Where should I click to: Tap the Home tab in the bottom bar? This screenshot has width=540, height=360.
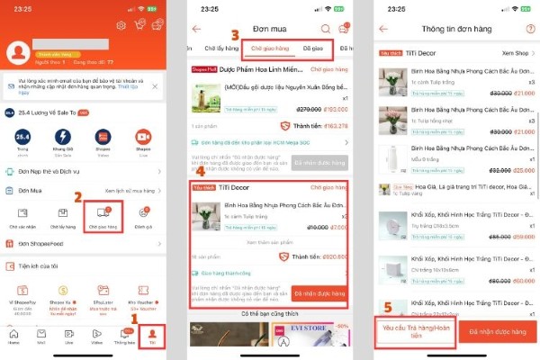(13, 337)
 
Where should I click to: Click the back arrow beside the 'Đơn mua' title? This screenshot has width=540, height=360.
(197, 29)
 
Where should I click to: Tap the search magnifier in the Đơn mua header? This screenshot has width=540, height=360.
(325, 29)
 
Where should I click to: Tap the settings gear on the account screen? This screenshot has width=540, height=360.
(121, 24)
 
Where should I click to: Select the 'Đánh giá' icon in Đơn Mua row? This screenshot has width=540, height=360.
(145, 213)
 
